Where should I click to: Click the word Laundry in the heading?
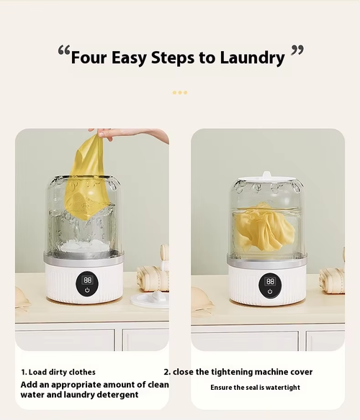click(252, 58)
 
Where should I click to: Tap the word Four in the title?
click(89, 58)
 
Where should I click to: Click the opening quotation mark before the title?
click(64, 50)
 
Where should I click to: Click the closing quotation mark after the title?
click(297, 50)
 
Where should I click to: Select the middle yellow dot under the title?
click(180, 92)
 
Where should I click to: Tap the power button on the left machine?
click(87, 290)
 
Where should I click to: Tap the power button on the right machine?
click(270, 291)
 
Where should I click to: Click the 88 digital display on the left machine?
click(87, 280)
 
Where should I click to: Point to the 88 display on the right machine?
click(271, 281)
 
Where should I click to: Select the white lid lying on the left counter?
click(150, 299)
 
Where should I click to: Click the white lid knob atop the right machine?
click(266, 175)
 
